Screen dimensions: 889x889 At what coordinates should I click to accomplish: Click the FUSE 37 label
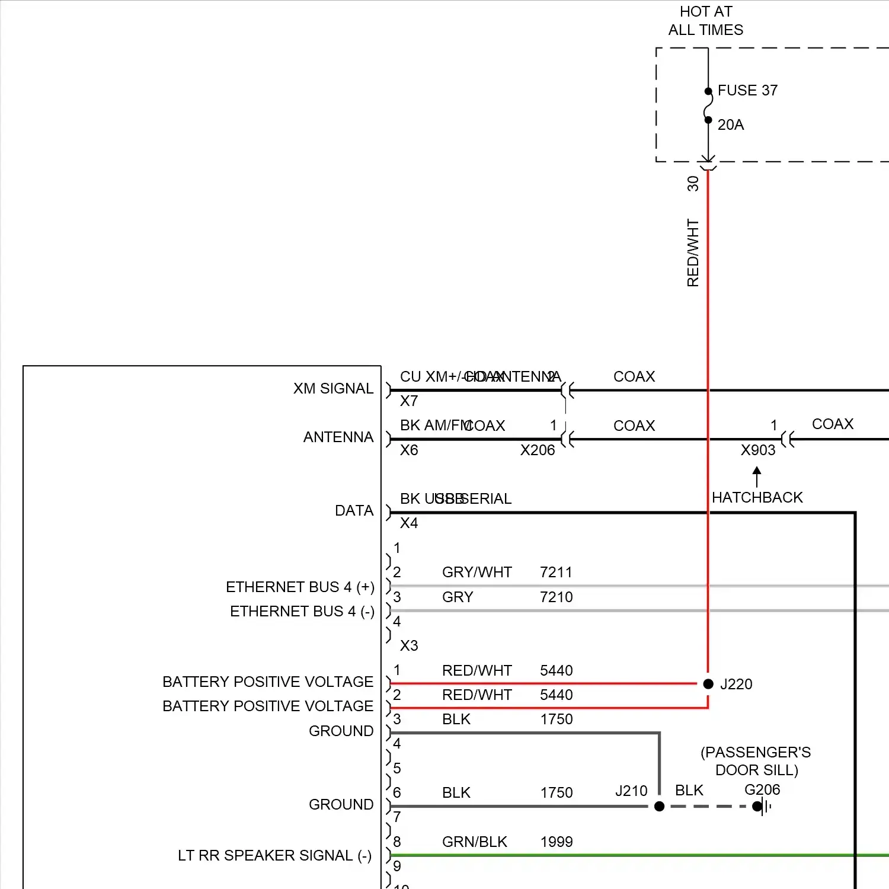coord(747,91)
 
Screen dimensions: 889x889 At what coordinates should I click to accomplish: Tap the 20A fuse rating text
coord(730,125)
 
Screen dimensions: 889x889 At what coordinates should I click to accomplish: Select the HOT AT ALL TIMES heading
coord(705,21)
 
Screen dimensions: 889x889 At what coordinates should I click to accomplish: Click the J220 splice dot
coord(708,684)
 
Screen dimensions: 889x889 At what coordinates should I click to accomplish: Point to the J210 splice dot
coord(659,806)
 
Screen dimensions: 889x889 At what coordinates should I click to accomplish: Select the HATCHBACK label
coord(757,498)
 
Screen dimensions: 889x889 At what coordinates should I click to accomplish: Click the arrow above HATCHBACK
coord(757,477)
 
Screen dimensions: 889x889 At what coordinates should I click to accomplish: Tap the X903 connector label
coord(757,450)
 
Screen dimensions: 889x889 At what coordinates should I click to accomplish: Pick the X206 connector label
coord(537,450)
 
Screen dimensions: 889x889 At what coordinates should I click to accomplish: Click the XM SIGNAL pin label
coord(333,389)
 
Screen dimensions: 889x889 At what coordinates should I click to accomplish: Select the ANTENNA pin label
coord(338,437)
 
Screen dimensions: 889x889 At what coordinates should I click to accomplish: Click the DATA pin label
coord(354,511)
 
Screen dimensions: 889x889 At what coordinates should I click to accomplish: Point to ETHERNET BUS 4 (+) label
coord(300,587)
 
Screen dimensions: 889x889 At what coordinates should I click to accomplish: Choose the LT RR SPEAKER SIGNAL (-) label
coord(274,856)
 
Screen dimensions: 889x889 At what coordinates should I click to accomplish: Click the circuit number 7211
coord(556,573)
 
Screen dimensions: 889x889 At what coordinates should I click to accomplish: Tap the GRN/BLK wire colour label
coord(474,842)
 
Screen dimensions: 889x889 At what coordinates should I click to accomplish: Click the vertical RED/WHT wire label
coord(693,253)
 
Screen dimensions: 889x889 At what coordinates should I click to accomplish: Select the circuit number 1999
coord(556,842)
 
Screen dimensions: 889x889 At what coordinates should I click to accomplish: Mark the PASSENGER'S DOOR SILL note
coord(756,761)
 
